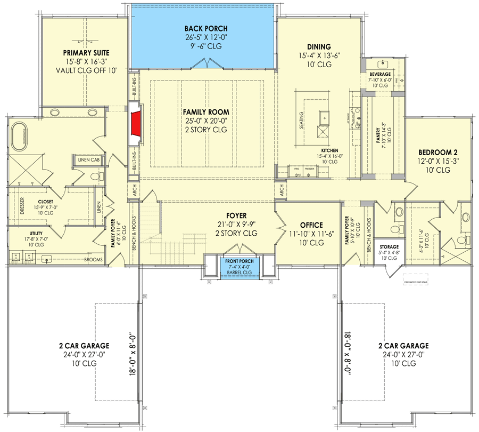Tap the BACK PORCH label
coord(206,28)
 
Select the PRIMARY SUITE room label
coord(86,52)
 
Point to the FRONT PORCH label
coord(240,261)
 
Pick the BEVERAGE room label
coord(380,74)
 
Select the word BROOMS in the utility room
coord(94,260)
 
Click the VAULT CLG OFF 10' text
coord(86,70)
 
